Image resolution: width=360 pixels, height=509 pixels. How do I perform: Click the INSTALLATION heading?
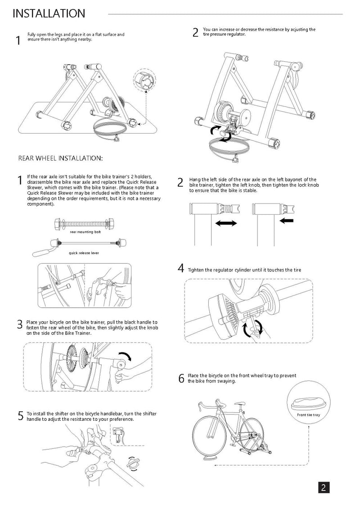49,14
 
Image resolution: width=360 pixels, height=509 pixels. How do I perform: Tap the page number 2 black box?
324,488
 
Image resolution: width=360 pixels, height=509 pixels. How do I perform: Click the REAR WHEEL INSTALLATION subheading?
60,158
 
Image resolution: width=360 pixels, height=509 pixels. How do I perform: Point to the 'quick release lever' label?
84,253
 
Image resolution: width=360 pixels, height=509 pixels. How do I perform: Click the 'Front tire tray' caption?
308,414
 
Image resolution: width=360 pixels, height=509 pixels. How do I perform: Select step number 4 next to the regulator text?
181,269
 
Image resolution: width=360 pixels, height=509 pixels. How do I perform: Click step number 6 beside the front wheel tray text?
181,378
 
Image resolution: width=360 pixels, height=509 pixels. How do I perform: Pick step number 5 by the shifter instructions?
20,416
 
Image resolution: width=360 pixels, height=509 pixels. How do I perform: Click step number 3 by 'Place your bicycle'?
20,324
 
